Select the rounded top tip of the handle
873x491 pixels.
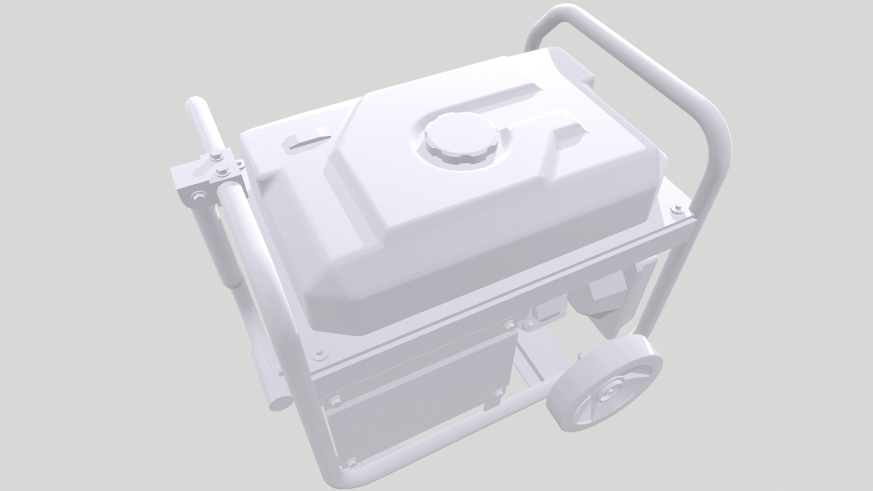(x=196, y=105)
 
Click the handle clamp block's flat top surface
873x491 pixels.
(x=186, y=175)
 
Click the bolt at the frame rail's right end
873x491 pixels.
(x=678, y=209)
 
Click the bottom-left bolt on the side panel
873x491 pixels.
(x=351, y=463)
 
